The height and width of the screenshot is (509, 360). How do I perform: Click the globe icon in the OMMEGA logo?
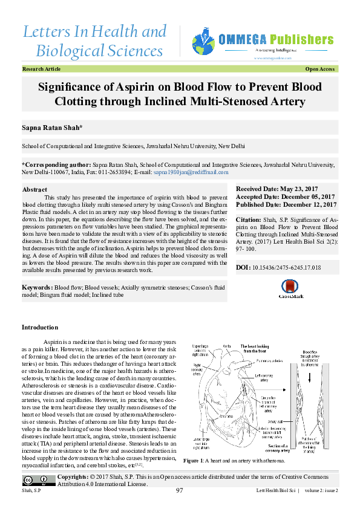(203, 41)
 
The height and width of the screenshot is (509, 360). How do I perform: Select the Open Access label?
(321, 70)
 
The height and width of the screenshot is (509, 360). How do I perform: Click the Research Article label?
(41, 70)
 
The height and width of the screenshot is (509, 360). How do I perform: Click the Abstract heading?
(34, 190)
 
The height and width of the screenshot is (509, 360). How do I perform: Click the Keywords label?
(37, 287)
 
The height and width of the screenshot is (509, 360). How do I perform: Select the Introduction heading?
(39, 328)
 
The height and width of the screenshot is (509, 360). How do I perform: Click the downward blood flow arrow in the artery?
(310, 378)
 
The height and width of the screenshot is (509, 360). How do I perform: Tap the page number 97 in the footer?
(180, 491)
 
